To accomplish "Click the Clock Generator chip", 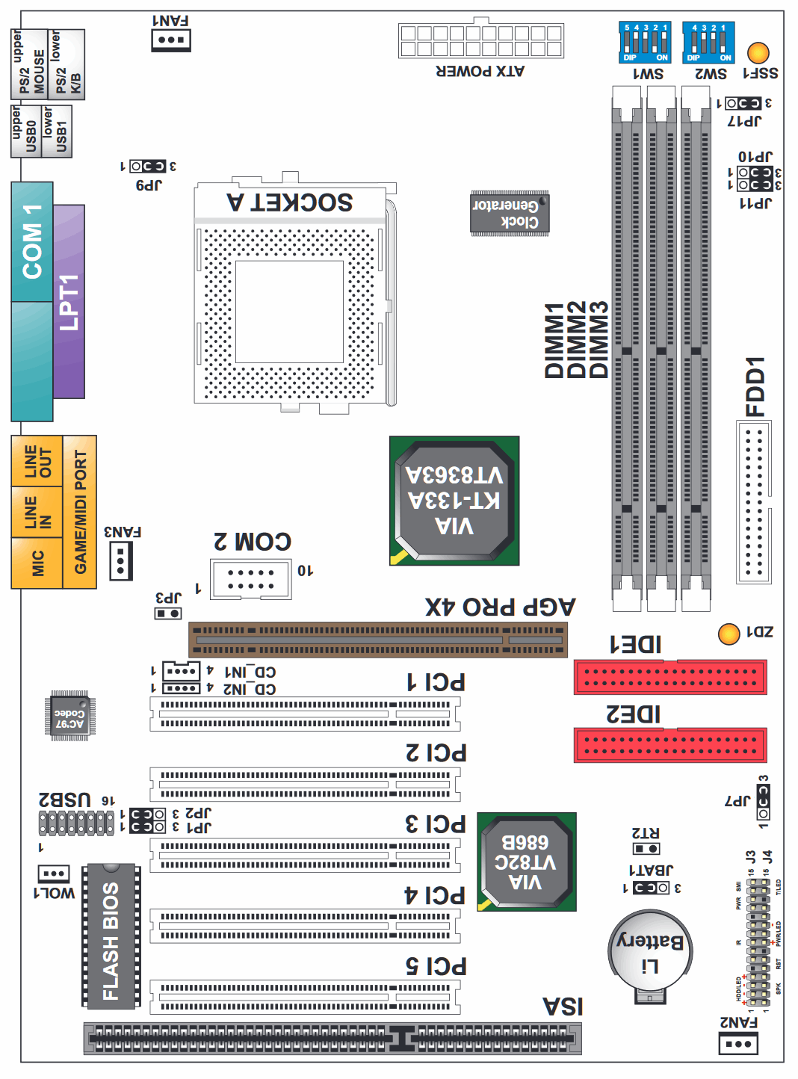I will (x=509, y=214).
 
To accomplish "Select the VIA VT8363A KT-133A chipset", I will (x=454, y=501).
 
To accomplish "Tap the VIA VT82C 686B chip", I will (x=526, y=862).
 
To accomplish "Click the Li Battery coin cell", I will (x=650, y=953).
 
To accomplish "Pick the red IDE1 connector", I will (x=670, y=677).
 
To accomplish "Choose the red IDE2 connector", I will (x=670, y=745).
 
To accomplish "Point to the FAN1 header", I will (x=171, y=40).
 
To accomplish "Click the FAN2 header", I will (x=738, y=1043).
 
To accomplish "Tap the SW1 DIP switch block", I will (x=645, y=43).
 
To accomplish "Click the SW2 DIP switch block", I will (x=708, y=43).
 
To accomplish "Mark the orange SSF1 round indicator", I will (x=758, y=53).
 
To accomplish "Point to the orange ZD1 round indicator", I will (x=729, y=634).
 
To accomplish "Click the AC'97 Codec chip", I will (x=69, y=716).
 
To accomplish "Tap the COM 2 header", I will (x=251, y=579).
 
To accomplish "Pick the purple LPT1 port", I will (x=69, y=302).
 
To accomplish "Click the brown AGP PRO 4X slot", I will (x=378, y=640).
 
